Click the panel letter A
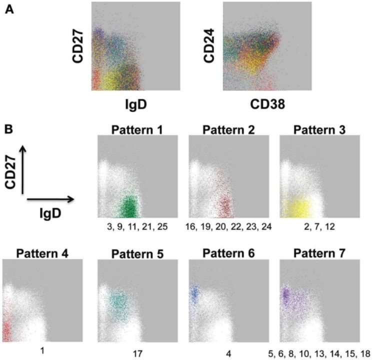pyautogui.click(x=9, y=10)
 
